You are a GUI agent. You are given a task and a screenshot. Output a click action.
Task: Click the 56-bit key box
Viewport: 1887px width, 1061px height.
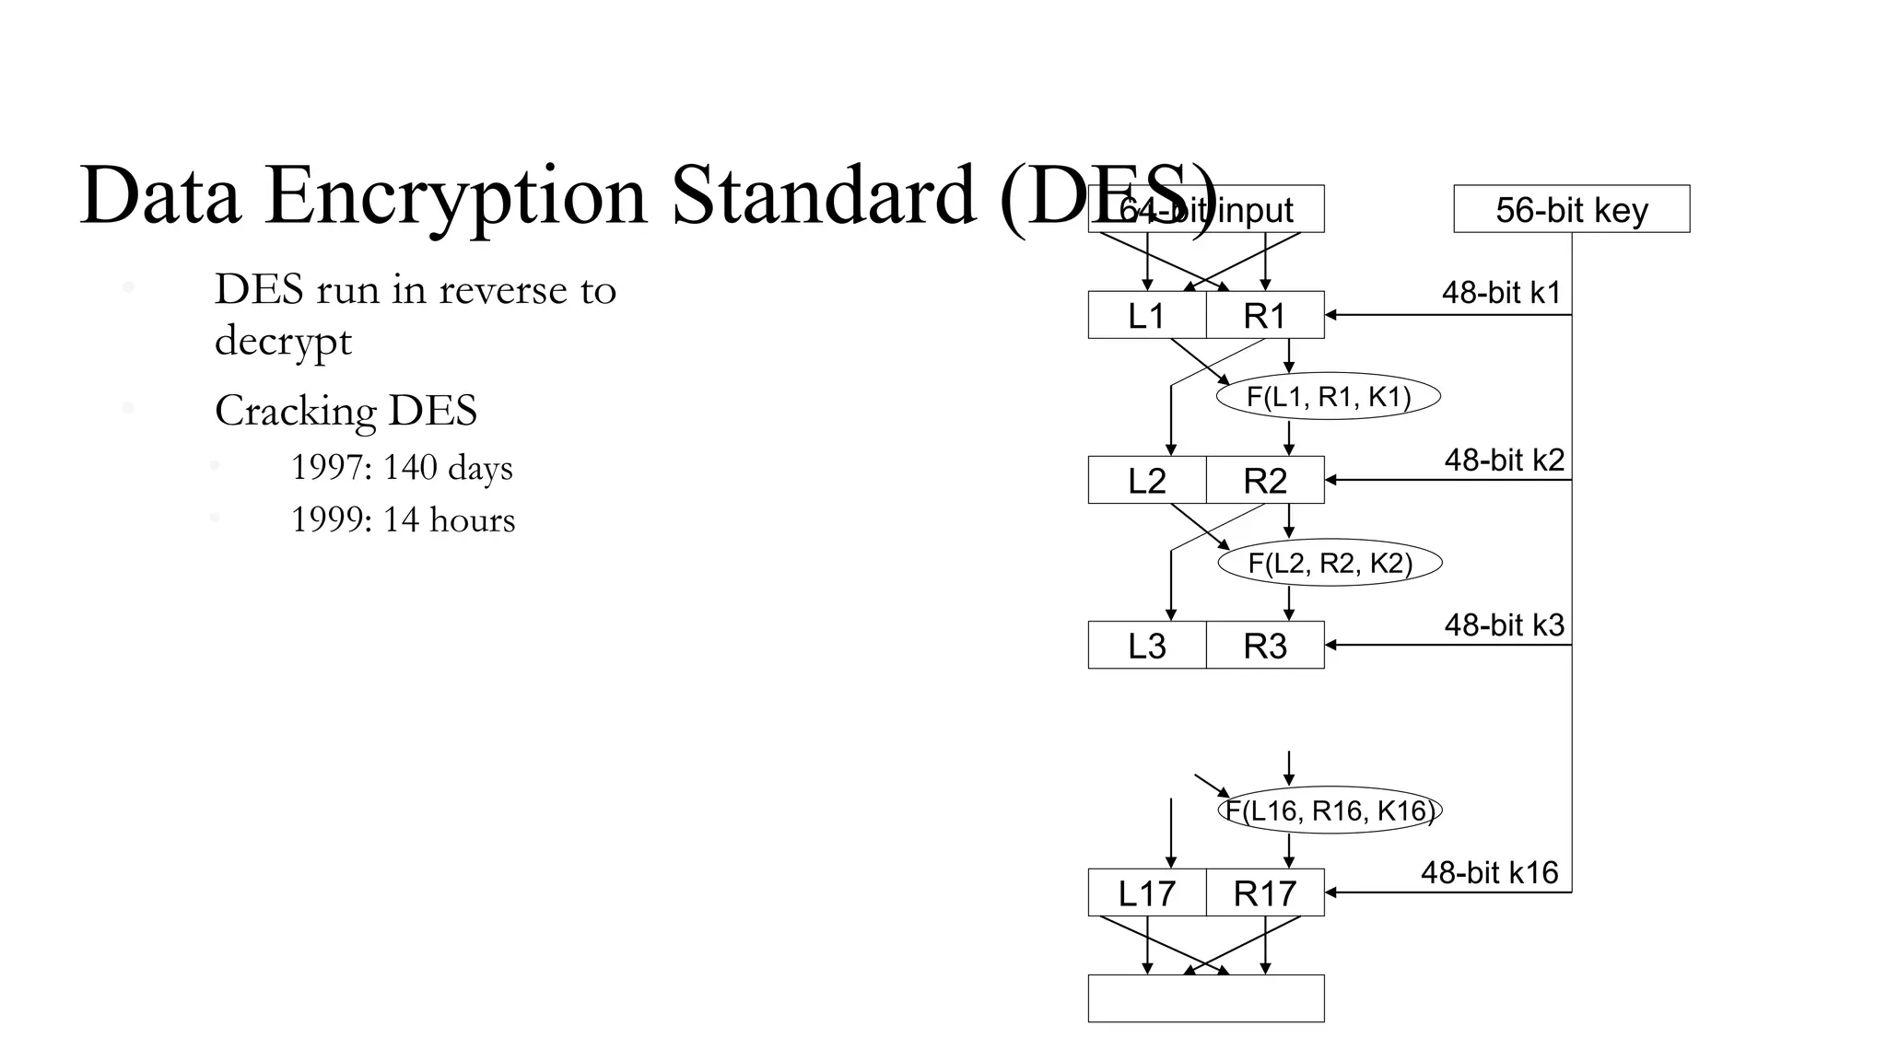click(x=1571, y=209)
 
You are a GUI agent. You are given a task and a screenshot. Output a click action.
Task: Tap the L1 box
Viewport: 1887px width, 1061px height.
click(x=1146, y=315)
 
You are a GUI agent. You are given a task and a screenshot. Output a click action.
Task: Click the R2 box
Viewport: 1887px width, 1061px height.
click(x=1264, y=480)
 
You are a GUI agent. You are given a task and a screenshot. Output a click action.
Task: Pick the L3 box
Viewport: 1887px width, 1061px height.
click(x=1146, y=645)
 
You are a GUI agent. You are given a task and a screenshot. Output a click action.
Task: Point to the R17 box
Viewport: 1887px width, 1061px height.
click(x=1264, y=892)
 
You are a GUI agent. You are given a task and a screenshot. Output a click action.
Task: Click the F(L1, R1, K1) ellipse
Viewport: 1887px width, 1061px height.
click(x=1328, y=397)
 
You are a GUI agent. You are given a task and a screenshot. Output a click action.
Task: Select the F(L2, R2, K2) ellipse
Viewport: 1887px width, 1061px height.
click(x=1330, y=563)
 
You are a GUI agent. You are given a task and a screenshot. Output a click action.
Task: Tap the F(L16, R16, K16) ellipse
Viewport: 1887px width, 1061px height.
click(x=1330, y=810)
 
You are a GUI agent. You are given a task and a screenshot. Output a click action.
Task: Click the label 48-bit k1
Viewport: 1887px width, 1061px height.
click(x=1501, y=293)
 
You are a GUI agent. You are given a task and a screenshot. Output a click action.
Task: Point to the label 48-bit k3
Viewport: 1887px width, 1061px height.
click(x=1504, y=625)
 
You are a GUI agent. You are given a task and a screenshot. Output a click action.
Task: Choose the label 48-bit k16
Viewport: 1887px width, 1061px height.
click(x=1489, y=872)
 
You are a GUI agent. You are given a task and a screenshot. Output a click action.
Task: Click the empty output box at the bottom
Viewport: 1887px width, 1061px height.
click(x=1205, y=998)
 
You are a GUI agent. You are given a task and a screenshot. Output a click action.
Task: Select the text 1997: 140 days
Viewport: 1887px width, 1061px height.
click(x=402, y=468)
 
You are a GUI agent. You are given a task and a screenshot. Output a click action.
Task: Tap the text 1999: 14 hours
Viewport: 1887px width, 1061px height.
click(x=403, y=520)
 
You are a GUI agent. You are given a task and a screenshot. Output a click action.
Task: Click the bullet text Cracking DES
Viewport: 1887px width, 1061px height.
click(x=346, y=411)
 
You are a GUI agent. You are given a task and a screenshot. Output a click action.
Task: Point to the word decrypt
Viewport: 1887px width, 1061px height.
click(x=283, y=341)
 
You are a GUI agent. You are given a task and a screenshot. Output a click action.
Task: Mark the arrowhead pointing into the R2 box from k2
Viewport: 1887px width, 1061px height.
click(x=1330, y=480)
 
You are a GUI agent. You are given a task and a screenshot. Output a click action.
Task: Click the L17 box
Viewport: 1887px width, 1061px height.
click(x=1146, y=892)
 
